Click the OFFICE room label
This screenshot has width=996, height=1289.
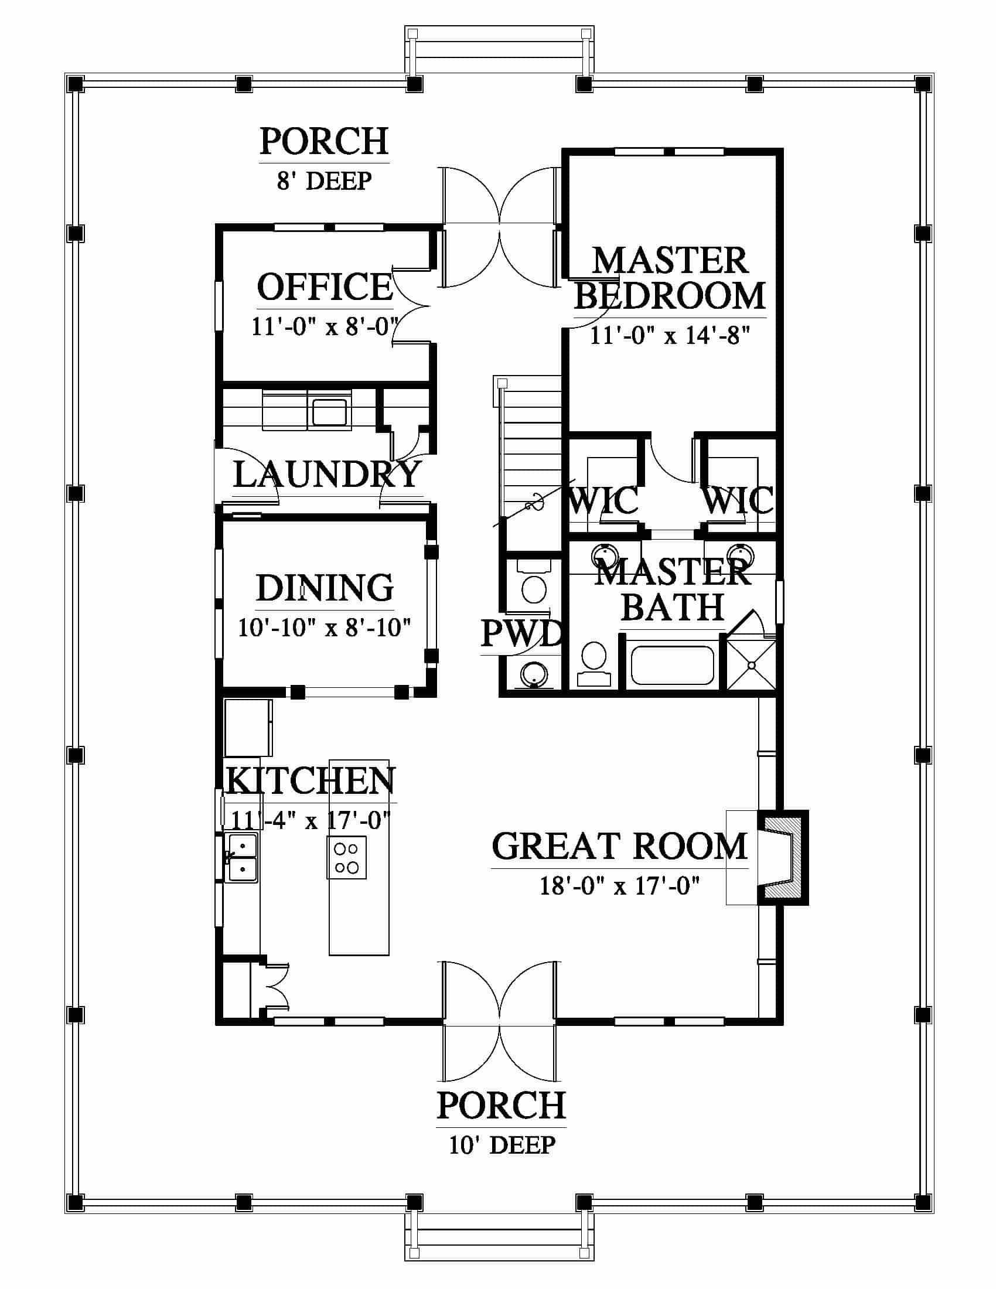pyautogui.click(x=325, y=287)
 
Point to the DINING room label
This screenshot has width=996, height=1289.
pyautogui.click(x=325, y=588)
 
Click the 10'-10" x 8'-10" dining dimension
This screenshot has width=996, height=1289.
pyautogui.click(x=325, y=628)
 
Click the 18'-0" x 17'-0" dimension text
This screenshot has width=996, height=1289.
pyautogui.click(x=619, y=886)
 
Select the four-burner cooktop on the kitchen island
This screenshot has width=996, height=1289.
pyautogui.click(x=346, y=858)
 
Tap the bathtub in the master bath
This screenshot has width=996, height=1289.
pyautogui.click(x=672, y=665)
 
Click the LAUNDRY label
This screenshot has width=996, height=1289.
pyautogui.click(x=328, y=475)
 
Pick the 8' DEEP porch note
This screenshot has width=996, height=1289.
pyautogui.click(x=325, y=180)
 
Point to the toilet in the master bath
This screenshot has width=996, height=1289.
pyautogui.click(x=593, y=662)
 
